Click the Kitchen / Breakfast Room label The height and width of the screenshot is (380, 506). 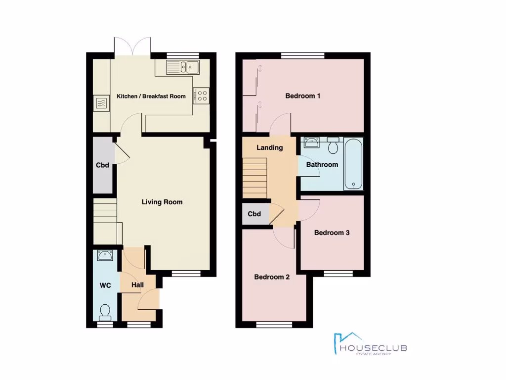151,96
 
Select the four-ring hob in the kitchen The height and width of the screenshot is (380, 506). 202,95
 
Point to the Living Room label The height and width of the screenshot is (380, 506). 162,202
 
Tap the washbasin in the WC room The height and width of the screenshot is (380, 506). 105,255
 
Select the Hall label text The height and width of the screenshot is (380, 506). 137,285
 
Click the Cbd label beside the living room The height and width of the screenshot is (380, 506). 103,165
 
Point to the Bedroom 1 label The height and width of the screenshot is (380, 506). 303,96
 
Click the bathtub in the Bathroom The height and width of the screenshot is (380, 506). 353,164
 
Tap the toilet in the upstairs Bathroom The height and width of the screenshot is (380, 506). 333,145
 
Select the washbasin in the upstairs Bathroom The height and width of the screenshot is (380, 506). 311,143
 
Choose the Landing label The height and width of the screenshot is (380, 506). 269,147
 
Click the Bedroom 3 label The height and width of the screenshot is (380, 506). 332,233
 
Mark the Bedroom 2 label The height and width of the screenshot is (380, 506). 272,277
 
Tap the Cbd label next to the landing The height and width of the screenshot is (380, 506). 254,214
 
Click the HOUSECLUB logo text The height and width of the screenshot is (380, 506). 374,348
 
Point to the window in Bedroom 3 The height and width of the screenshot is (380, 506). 338,273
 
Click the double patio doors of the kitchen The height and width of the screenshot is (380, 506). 132,46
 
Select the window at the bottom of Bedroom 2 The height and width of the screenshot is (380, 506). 271,325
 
